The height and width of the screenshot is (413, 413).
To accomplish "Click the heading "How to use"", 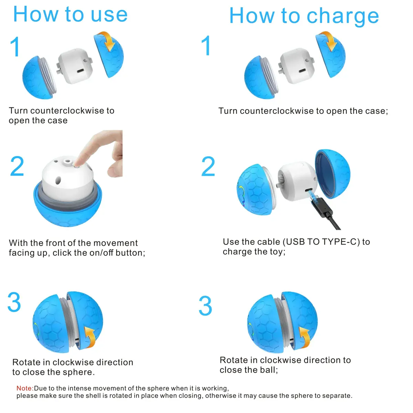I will [x=70, y=14].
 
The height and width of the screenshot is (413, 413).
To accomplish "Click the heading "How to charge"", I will [x=304, y=16].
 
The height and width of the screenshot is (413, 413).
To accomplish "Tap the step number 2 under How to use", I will [x=17, y=166].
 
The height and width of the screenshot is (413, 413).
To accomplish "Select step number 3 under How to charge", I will [x=205, y=306].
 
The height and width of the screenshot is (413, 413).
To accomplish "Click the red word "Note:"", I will [x=25, y=388].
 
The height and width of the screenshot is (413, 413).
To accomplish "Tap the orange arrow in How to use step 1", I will [x=108, y=41].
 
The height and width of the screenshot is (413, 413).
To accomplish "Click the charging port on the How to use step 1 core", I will [x=81, y=71].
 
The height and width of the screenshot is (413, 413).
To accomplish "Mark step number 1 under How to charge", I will [x=206, y=46].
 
